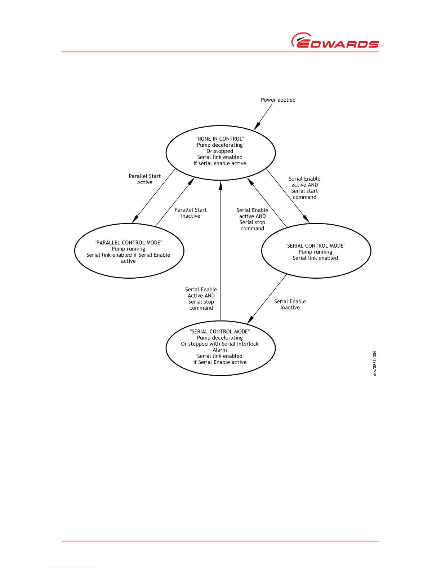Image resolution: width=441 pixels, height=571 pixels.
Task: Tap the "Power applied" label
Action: pos(278,100)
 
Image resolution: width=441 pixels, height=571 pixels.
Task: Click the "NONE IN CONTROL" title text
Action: pos(220,139)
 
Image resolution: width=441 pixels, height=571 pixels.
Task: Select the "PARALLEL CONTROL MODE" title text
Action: pos(128,243)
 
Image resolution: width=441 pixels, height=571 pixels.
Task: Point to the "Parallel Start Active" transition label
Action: pos(145,179)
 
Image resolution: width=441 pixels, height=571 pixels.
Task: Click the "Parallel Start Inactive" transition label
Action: pos(191,213)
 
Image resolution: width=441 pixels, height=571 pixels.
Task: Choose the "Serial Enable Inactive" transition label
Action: pos(290,304)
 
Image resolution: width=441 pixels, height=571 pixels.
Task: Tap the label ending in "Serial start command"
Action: pos(304,188)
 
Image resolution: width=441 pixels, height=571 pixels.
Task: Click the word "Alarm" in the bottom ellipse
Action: pos(220,350)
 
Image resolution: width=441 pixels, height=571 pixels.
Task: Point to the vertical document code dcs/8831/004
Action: pos(375,363)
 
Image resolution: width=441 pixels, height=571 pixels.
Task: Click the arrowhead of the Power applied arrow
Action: pos(256,127)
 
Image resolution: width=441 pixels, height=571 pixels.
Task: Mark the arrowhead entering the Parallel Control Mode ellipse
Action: pos(135,219)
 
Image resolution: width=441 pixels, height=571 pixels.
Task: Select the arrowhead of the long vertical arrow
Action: pos(221,185)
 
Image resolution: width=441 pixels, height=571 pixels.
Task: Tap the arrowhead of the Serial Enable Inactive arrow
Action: pos(250,320)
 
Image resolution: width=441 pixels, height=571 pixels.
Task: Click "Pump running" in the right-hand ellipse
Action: pos(315,252)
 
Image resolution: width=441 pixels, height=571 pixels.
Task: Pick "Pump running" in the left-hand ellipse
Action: pos(128,249)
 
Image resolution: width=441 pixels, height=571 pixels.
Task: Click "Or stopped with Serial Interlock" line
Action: pos(220,344)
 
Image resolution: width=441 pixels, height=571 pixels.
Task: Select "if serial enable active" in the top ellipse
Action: pos(220,163)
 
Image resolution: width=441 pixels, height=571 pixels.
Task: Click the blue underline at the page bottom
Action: pos(71,568)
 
